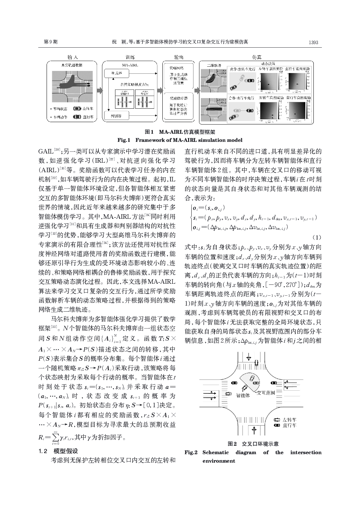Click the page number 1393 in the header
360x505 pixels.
coord(313,42)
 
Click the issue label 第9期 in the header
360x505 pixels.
coord(50,42)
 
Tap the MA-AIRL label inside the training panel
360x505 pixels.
coord(129,65)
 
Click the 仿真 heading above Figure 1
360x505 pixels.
coord(257,57)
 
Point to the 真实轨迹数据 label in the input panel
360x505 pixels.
coord(72,65)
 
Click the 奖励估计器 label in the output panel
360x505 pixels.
coord(178,98)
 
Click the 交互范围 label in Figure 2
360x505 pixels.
coord(266,392)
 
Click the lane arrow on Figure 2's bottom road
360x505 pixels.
coord(254,430)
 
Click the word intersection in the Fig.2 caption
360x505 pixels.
coord(306,452)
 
